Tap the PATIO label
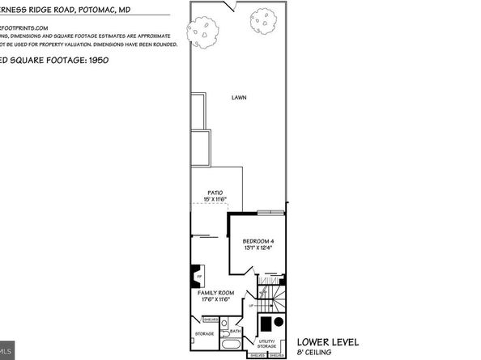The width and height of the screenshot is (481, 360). point(215,192)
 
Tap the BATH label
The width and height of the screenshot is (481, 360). point(235,330)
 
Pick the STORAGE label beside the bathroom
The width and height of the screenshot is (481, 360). point(203,332)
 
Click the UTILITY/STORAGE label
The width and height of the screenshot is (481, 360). point(268,343)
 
